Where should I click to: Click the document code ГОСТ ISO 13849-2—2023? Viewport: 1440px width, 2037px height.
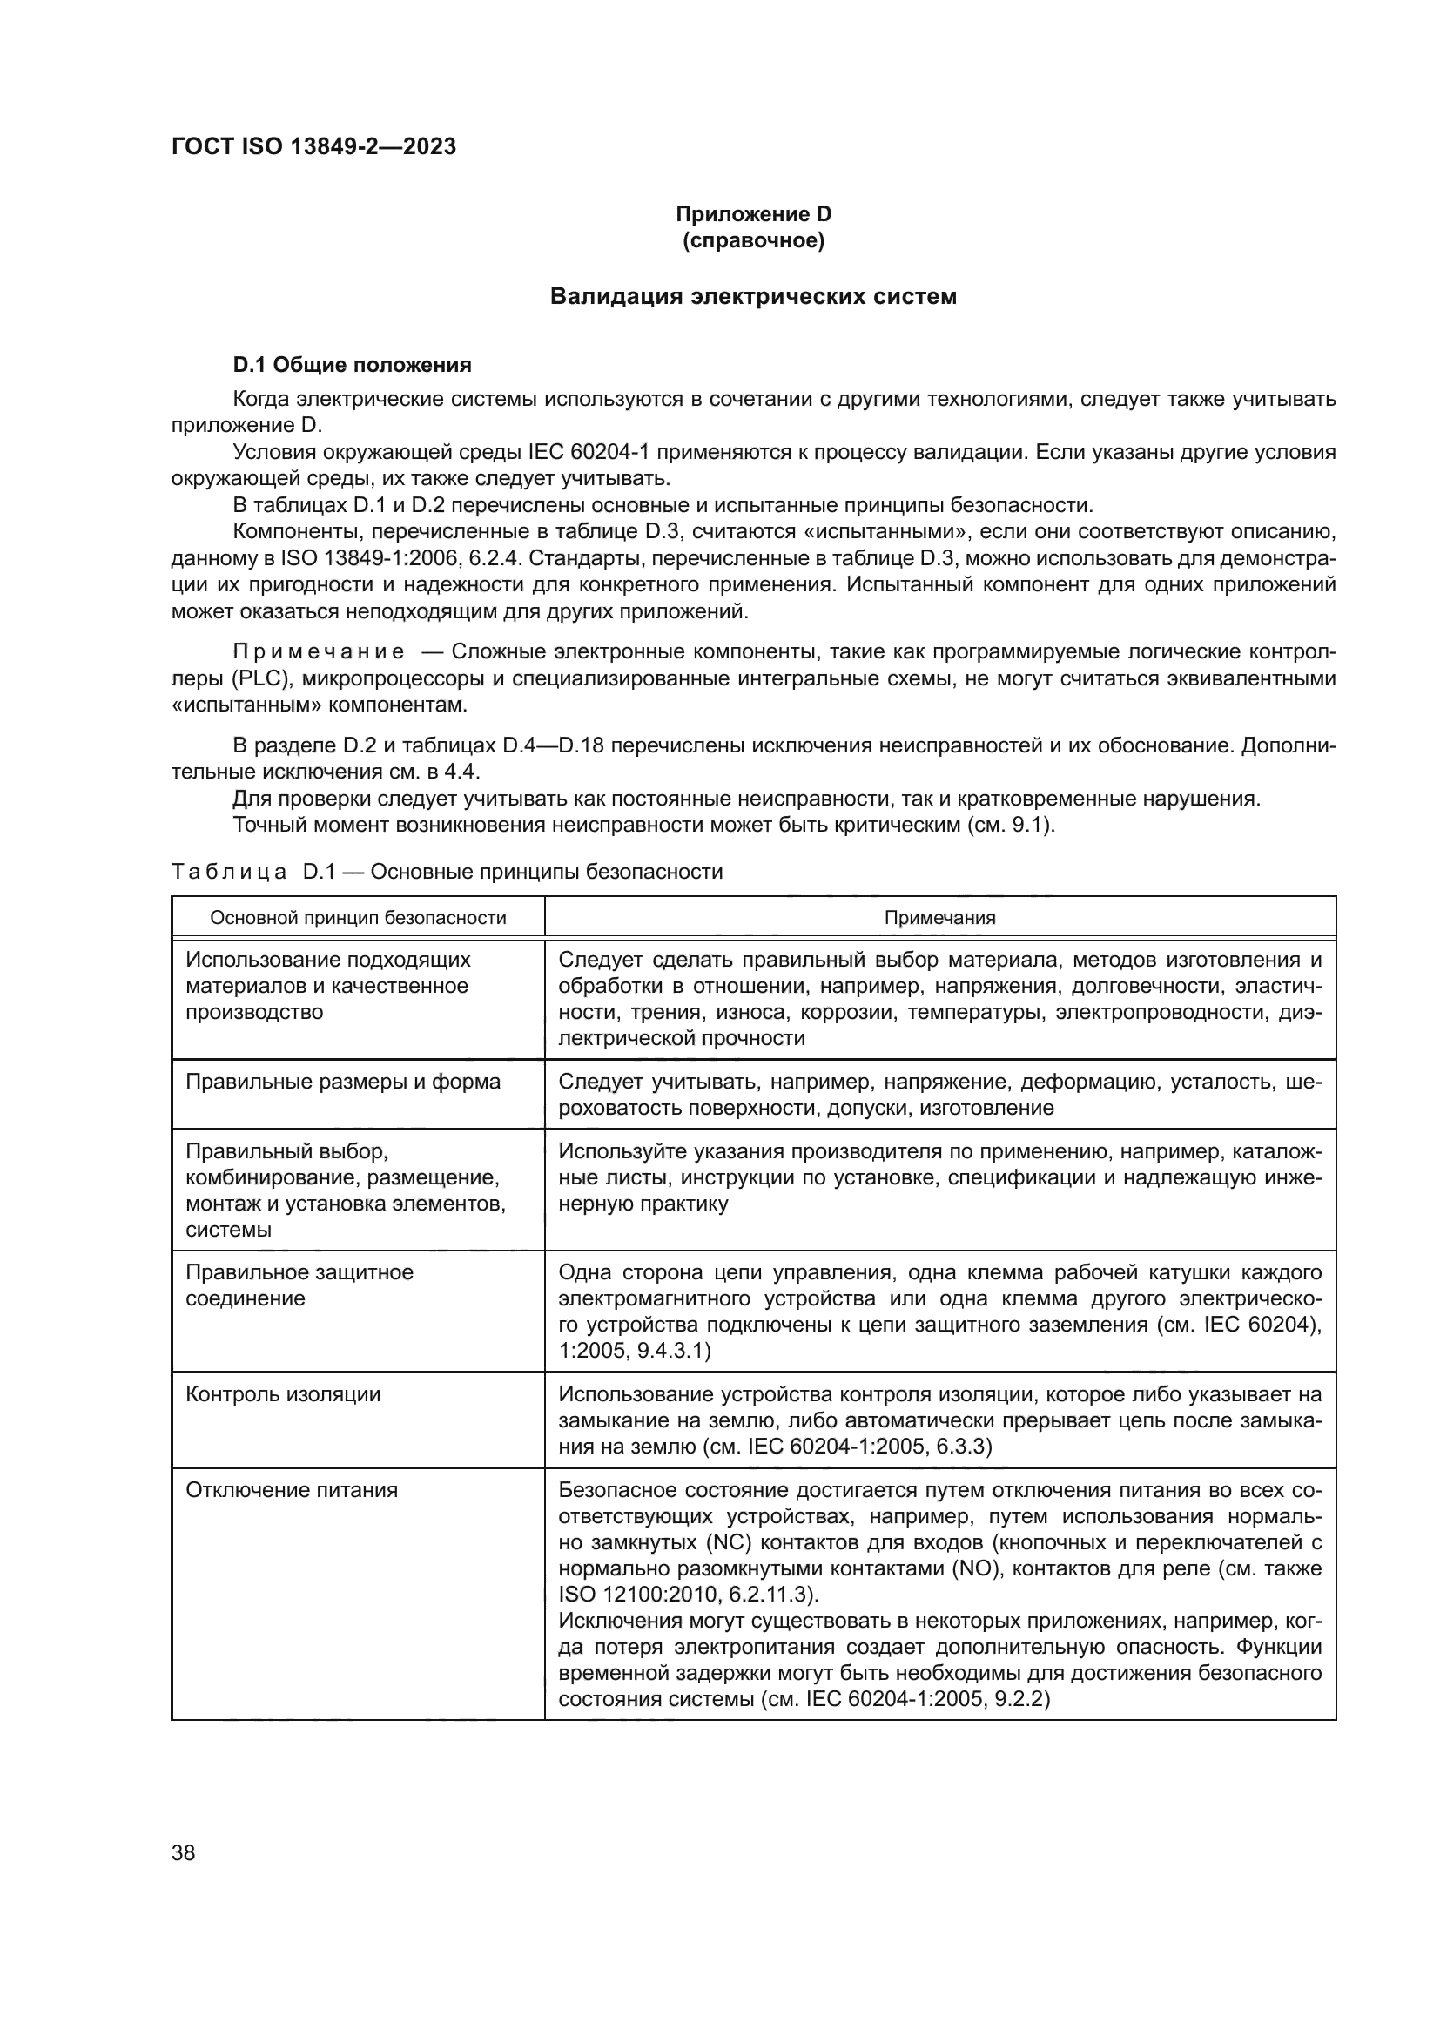click(x=314, y=146)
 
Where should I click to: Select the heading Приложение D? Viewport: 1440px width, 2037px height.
click(x=753, y=214)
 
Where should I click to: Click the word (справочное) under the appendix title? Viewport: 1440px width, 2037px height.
click(x=753, y=240)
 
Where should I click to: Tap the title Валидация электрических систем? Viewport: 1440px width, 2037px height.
click(x=753, y=296)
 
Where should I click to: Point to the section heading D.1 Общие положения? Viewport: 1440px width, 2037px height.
click(x=352, y=365)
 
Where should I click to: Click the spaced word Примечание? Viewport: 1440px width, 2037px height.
click(x=319, y=652)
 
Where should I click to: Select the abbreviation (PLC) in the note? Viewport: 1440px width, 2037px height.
click(x=260, y=678)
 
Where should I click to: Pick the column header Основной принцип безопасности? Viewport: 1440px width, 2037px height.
click(x=358, y=918)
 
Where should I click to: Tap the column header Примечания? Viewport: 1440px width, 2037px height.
click(x=940, y=918)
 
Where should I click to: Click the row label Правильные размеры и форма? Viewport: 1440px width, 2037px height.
click(x=343, y=1082)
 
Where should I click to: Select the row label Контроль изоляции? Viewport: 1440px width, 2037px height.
click(x=283, y=1393)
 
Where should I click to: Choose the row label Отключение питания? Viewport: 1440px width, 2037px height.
click(x=292, y=1489)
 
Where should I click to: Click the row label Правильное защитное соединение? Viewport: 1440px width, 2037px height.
click(x=299, y=1285)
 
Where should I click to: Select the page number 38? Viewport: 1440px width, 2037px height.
click(x=184, y=1852)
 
